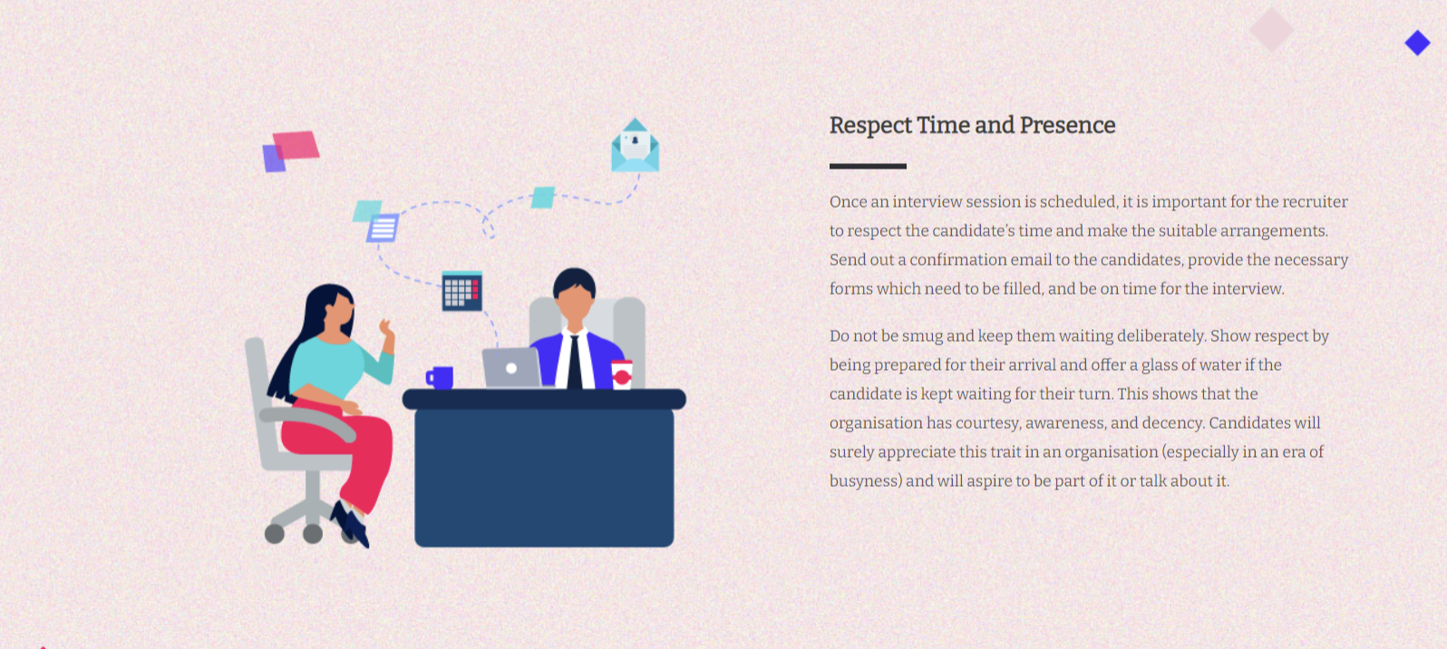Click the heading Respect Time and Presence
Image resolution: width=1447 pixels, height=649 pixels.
(972, 125)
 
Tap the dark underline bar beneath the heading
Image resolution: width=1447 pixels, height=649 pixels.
(868, 166)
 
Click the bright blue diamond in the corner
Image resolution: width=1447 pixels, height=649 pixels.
(1417, 43)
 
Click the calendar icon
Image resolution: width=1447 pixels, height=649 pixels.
(461, 291)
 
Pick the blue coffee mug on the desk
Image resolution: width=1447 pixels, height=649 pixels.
(440, 377)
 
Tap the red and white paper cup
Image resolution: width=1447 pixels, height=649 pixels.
(622, 374)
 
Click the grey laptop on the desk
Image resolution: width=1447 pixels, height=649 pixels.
(511, 367)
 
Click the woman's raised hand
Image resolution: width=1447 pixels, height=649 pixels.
(387, 328)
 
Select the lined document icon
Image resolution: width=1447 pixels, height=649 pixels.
(384, 228)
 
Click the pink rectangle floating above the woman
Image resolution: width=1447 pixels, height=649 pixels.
(296, 145)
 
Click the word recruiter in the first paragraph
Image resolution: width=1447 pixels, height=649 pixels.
(1316, 201)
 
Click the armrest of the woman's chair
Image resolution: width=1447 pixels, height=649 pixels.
(309, 421)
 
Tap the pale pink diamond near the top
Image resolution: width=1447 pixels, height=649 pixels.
(1271, 29)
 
